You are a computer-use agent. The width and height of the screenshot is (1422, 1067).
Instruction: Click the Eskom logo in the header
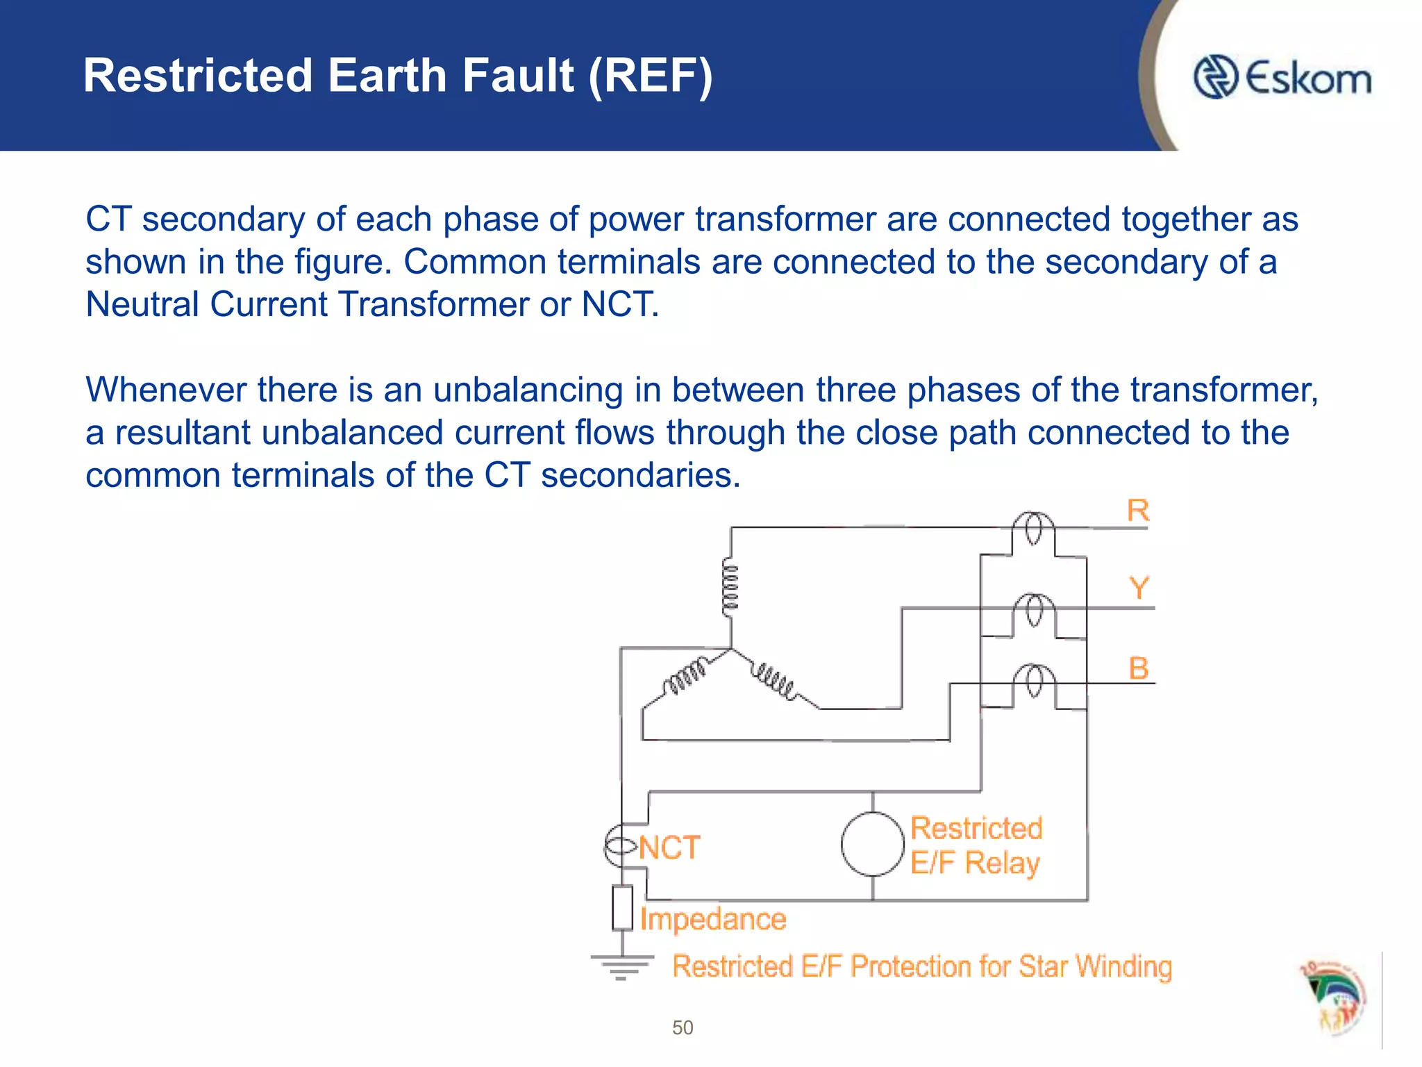coord(1282,77)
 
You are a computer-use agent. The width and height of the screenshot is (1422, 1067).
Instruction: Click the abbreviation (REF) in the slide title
coord(651,76)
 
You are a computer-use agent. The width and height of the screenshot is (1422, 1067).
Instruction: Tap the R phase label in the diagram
coord(1138,511)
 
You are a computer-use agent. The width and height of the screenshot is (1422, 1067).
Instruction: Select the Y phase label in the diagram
coord(1139,588)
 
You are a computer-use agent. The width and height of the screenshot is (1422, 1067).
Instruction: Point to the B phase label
coord(1139,668)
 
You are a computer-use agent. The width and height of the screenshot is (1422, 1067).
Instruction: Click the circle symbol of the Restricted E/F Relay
coord(872,844)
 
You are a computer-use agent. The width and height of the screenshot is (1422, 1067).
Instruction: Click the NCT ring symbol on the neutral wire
coord(620,845)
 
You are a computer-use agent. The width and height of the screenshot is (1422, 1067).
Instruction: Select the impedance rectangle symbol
coord(622,907)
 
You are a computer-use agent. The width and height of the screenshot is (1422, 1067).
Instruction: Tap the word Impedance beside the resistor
coord(713,919)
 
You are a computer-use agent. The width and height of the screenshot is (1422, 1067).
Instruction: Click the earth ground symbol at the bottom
coord(621,966)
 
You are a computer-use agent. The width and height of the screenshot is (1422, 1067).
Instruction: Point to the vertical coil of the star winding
coord(730,588)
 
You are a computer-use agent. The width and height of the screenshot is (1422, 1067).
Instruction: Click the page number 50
coord(683,1027)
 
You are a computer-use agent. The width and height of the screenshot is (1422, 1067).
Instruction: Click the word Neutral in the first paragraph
coord(142,304)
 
